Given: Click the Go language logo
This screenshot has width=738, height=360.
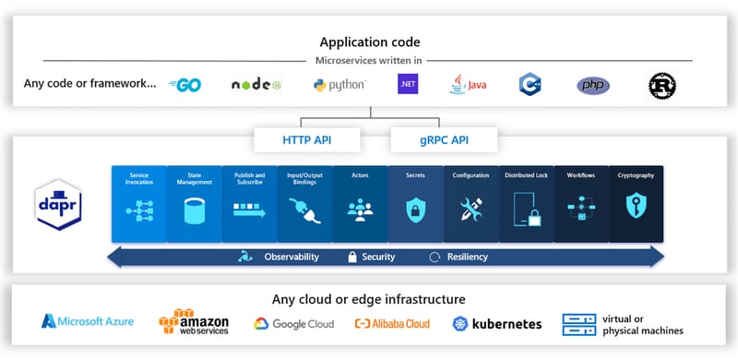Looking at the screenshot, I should coord(185,85).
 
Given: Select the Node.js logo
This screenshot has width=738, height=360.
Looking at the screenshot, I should coord(256,85).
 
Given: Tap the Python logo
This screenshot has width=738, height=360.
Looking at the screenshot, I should coord(339,85).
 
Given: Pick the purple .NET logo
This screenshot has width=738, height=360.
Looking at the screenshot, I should coord(408,85).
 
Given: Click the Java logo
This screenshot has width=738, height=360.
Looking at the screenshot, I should coord(468,85).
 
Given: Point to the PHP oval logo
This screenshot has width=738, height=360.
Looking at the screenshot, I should coord(593,86).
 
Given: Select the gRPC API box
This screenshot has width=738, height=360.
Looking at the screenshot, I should coord(444,139).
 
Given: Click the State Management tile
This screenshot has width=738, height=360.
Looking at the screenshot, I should coord(194,204).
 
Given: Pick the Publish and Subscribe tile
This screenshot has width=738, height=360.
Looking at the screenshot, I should coord(249,204).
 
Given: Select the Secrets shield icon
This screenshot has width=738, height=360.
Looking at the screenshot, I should coord(415,209).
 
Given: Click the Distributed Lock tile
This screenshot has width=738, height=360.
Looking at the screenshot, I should coord(526,204).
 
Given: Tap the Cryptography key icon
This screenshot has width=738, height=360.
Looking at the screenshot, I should coord(637,209).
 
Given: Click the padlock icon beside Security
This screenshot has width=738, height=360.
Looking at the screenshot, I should coord(351,257).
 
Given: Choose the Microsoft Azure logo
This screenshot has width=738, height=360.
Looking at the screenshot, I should coord(88,321).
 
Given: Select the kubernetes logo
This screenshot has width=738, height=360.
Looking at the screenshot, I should coord(497,324).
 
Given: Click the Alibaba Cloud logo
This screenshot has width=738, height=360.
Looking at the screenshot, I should coord(392,324).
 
